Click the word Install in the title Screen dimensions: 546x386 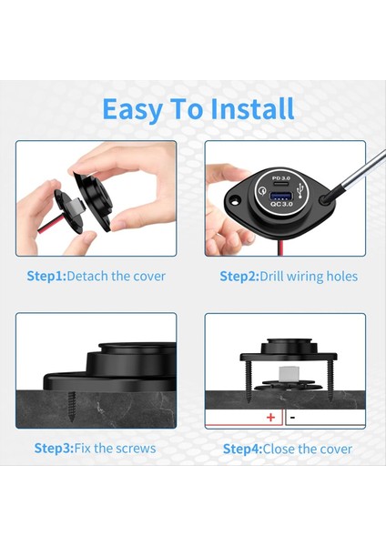coord(252,109)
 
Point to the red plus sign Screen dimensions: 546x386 coord(270,418)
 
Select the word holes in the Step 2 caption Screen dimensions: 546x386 coord(340,276)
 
